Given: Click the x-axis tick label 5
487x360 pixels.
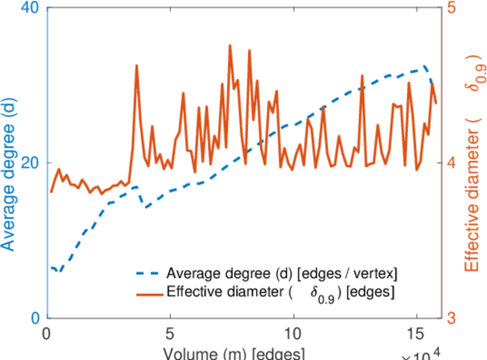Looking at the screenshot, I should [170, 333].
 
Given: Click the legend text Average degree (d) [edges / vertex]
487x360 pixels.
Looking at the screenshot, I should [282, 274].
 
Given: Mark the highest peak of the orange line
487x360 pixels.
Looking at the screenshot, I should [230, 46].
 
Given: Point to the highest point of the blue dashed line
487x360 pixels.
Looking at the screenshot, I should [424, 67].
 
